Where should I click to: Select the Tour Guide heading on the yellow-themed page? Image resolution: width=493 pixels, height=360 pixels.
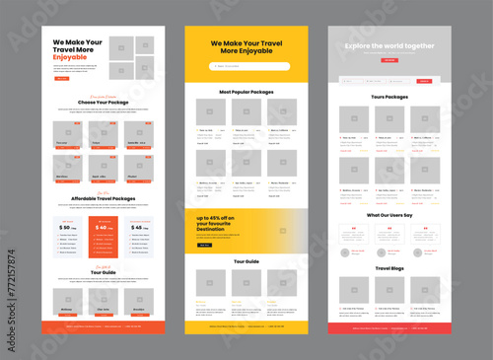click(246, 261)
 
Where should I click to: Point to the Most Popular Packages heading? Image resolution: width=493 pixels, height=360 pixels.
click(246, 92)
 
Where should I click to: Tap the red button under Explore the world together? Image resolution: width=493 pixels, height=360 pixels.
click(390, 60)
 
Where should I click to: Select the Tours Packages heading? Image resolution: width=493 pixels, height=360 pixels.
click(389, 97)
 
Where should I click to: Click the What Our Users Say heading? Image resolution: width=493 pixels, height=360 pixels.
click(389, 214)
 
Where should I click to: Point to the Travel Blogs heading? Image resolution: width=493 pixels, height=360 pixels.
click(389, 268)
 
